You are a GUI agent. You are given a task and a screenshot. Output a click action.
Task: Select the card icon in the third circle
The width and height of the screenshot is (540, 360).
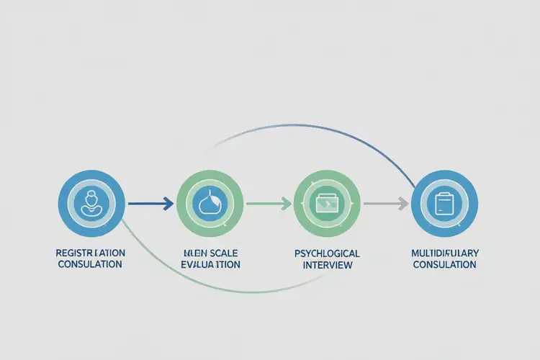(x=327, y=204)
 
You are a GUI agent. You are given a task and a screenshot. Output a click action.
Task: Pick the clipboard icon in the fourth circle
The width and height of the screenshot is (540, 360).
(x=444, y=204)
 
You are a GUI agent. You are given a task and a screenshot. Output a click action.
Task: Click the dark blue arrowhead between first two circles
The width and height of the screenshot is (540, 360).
(x=168, y=204)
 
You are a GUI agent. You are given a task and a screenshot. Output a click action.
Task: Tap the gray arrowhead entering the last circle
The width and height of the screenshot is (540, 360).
(x=403, y=204)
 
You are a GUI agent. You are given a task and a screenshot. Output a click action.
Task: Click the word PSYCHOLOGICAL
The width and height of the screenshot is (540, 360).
(x=327, y=253)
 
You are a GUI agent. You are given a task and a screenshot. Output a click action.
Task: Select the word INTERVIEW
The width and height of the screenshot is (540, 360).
(x=327, y=265)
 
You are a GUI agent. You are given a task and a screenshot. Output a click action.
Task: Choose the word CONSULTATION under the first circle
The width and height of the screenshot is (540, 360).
(x=90, y=264)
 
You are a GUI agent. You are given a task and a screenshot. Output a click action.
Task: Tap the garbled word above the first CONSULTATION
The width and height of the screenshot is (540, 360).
(x=90, y=253)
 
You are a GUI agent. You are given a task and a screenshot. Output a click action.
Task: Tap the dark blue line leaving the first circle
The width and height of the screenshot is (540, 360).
(x=144, y=204)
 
